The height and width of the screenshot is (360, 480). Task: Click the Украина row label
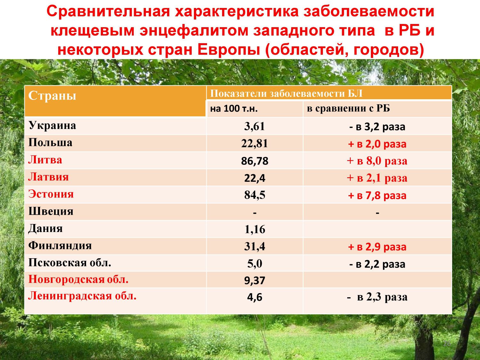pyautogui.click(x=52, y=126)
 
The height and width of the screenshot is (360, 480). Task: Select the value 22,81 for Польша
pyautogui.click(x=254, y=144)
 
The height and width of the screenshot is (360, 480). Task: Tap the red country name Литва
pyautogui.click(x=45, y=160)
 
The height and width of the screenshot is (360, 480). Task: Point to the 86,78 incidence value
pyautogui.click(x=254, y=161)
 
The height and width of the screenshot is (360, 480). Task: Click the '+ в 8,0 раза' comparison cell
pyautogui.click(x=377, y=161)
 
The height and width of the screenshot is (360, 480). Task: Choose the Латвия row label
pyautogui.click(x=48, y=177)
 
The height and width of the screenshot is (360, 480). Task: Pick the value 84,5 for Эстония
pyautogui.click(x=255, y=195)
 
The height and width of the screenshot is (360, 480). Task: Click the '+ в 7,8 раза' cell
pyautogui.click(x=377, y=196)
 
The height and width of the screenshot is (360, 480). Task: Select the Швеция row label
pyautogui.click(x=51, y=211)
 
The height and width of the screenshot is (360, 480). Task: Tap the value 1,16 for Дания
pyautogui.click(x=255, y=229)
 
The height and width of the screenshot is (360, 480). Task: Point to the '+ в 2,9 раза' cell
pyautogui.click(x=377, y=247)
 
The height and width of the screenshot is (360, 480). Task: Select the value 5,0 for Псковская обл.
pyautogui.click(x=255, y=263)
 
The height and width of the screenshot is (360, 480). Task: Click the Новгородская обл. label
pyautogui.click(x=78, y=279)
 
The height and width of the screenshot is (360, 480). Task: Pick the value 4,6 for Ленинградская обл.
pyautogui.click(x=254, y=297)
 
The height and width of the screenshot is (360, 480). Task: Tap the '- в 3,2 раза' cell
pyautogui.click(x=377, y=127)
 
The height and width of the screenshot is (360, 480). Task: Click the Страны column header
pyautogui.click(x=52, y=95)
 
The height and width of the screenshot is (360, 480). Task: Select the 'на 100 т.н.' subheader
pyautogui.click(x=234, y=108)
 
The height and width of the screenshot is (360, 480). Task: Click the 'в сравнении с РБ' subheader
pyautogui.click(x=348, y=108)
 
